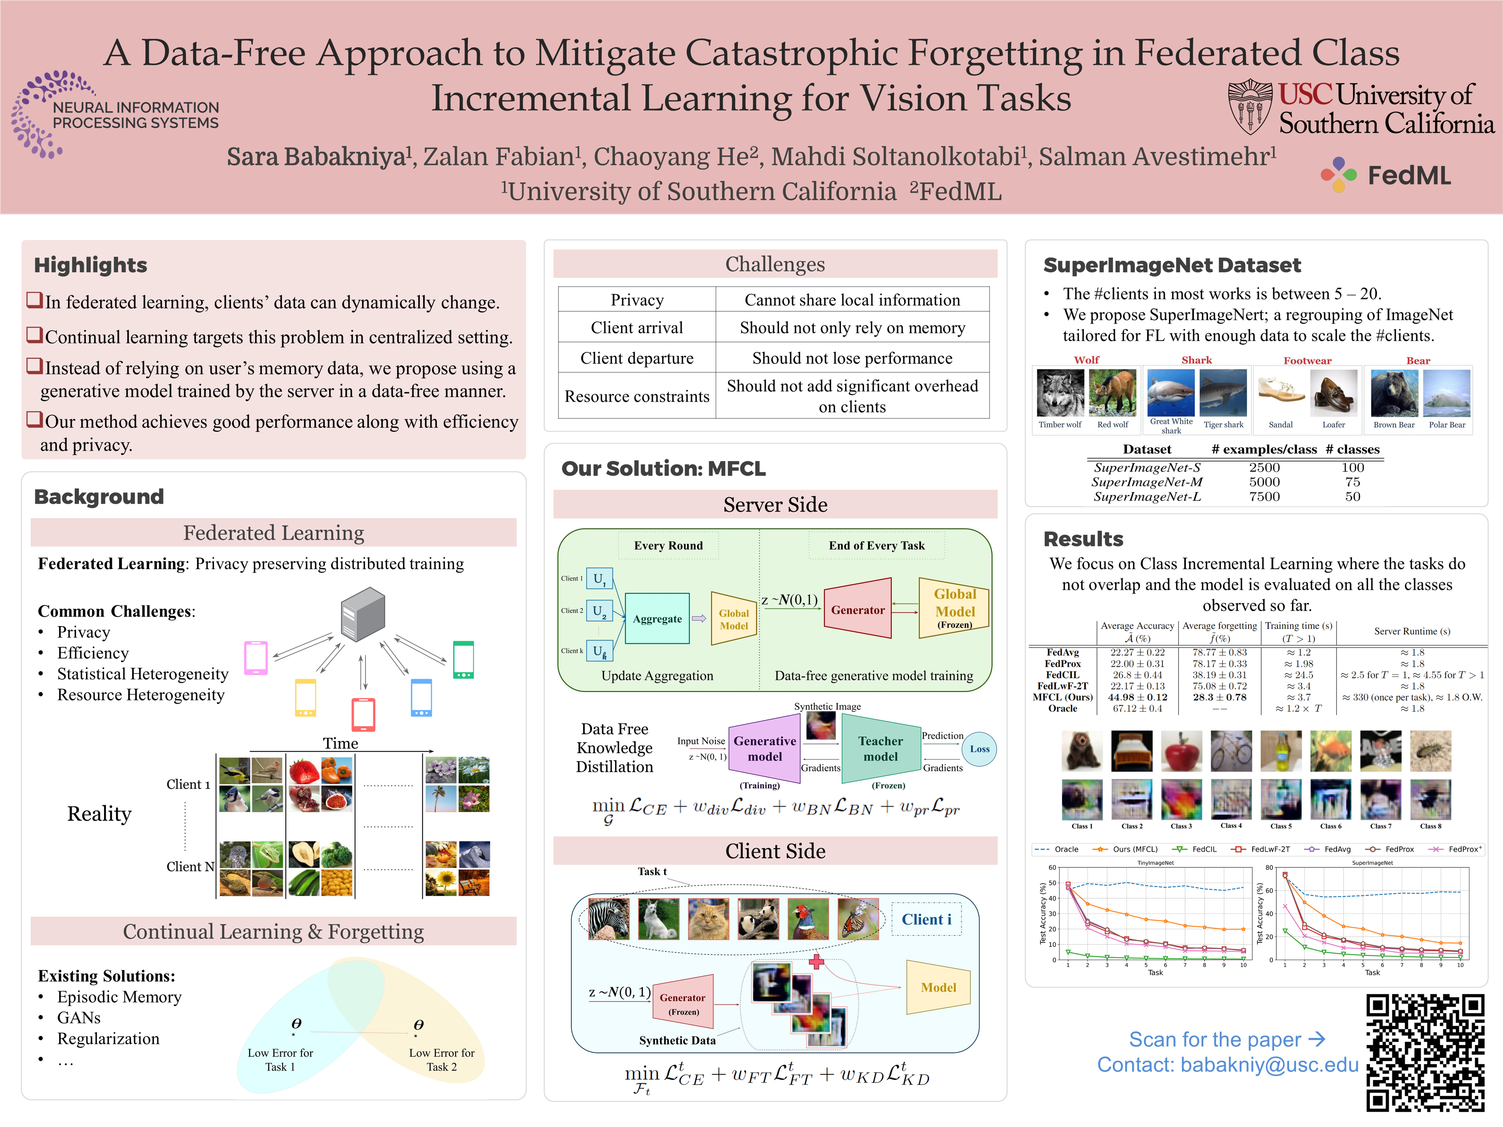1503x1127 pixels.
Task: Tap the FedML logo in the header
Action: [1386, 175]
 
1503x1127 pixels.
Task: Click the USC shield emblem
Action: [1250, 107]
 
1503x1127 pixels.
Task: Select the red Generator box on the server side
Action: [858, 609]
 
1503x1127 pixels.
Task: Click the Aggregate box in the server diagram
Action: [657, 619]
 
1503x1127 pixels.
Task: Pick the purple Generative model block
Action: [764, 749]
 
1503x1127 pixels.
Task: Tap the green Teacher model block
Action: [881, 749]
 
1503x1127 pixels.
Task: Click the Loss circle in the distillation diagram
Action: [979, 749]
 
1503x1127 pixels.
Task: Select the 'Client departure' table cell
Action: [637, 358]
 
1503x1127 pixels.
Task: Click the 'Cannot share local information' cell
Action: [852, 300]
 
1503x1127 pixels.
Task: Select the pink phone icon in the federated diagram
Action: [256, 657]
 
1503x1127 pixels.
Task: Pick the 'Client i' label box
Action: [926, 919]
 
